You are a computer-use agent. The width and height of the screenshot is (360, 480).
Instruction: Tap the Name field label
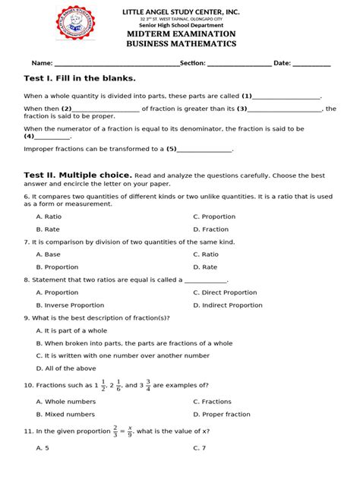(41, 63)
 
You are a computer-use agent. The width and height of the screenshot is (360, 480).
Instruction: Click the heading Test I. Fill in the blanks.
(80, 78)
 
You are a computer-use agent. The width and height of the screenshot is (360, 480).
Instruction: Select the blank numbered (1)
(286, 97)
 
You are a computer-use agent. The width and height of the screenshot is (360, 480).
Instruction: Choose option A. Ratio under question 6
(49, 216)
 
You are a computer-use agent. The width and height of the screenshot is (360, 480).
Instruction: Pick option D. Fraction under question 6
(210, 229)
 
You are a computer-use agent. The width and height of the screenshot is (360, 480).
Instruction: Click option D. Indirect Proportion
(227, 305)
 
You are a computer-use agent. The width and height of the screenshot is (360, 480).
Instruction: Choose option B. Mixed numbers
(65, 415)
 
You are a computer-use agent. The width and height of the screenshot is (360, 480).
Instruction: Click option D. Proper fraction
(221, 415)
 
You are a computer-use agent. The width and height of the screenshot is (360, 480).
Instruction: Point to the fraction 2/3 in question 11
(115, 431)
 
